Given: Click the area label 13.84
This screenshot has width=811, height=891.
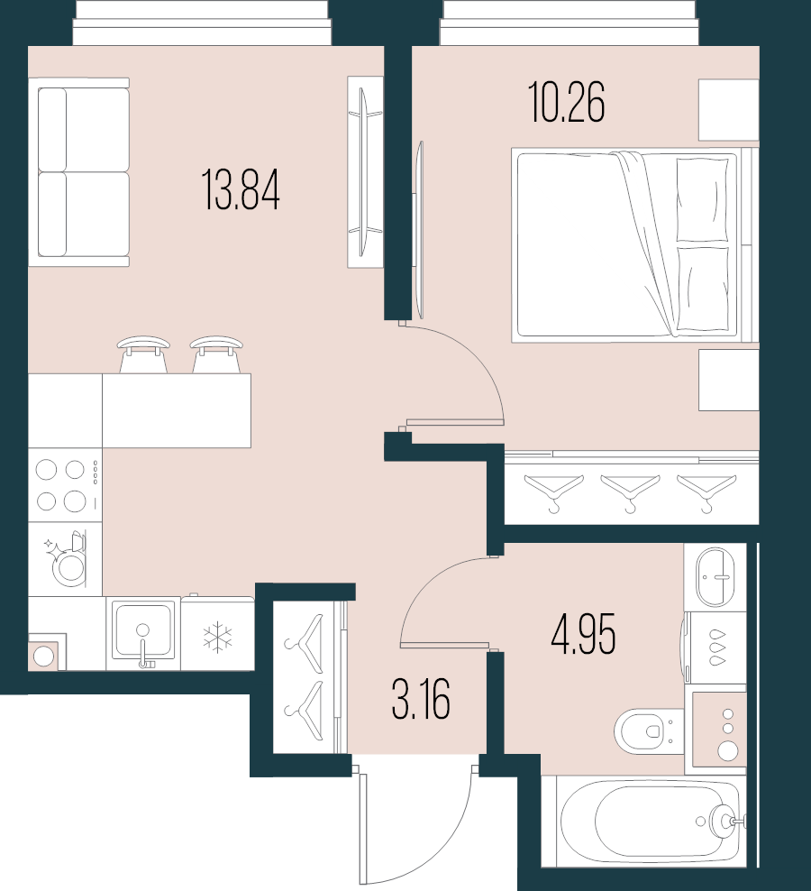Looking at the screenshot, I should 241,190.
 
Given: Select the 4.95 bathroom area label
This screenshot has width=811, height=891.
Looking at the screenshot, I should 583,636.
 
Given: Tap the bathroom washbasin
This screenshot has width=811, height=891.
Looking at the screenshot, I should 716,577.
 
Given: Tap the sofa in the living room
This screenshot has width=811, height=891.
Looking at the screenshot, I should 79,171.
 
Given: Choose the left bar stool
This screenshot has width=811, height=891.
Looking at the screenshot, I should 143,354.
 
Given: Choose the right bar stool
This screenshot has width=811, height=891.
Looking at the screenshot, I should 216,354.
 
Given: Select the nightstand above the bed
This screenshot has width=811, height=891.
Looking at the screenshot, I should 729,110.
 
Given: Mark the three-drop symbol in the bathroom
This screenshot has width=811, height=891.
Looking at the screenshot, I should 717,646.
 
